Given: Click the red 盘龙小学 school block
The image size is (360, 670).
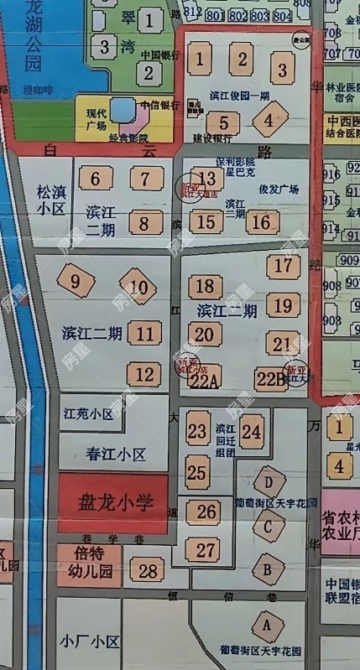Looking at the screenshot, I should [113, 503].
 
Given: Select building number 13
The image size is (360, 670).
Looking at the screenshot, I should [208, 178].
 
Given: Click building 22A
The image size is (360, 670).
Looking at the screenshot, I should [203, 380].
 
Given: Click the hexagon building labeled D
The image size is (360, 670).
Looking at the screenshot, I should [269, 482].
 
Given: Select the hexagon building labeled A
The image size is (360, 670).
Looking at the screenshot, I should [268, 624].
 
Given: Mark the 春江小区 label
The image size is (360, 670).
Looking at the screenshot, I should [116, 454].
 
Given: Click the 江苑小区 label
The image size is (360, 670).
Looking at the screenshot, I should [88, 414].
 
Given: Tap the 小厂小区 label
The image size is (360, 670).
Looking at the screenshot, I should [91, 642].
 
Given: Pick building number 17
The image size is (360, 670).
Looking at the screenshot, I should [282, 266].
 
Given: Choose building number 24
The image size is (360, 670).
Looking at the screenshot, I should [251, 432].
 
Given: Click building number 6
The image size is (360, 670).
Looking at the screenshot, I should [97, 178].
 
